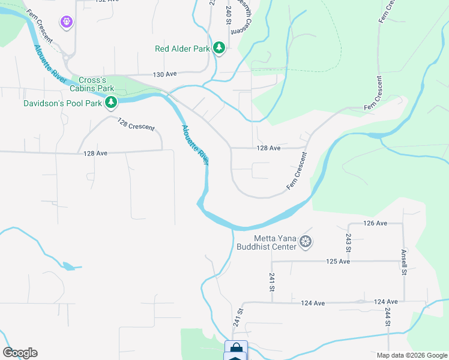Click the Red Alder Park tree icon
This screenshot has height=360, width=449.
coord(219,48)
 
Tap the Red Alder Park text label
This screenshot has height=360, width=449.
coord(182,49)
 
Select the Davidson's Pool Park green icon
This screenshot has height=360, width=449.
coord(110,104)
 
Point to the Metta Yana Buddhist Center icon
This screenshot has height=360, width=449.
coord(306,242)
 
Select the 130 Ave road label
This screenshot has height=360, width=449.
coord(165,74)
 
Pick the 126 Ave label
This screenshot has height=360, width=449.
coord(375,223)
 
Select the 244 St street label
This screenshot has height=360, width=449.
coord(388,318)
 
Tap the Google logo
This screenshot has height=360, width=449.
coord(20,353)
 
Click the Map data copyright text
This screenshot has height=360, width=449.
coord(411,355)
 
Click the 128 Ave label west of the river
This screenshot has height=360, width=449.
coord(95,154)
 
